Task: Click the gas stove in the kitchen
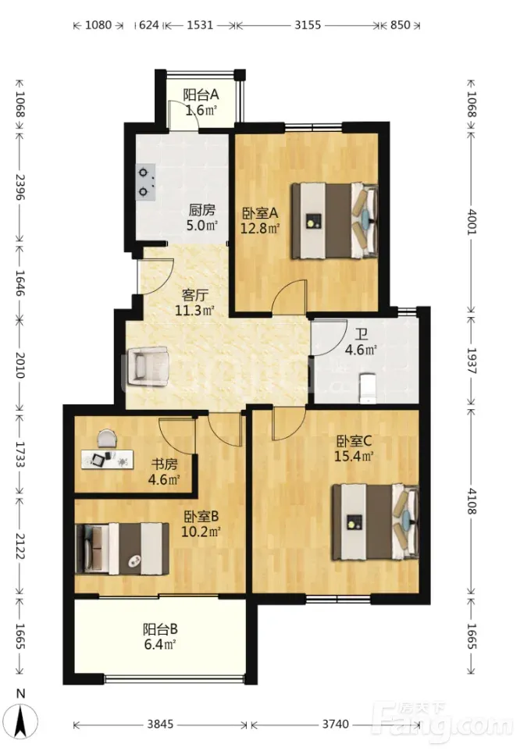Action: (147, 182)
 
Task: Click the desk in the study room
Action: (107, 459)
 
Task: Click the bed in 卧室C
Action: (376, 522)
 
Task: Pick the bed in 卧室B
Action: (122, 548)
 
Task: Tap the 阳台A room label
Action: (201, 94)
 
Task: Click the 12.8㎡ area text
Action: (259, 228)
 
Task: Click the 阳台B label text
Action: (160, 628)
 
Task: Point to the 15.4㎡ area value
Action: (354, 456)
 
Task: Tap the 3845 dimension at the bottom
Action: (160, 724)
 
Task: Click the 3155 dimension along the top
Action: (308, 25)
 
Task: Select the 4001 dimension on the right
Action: (472, 221)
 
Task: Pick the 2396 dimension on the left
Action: (20, 187)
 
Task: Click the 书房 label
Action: (164, 464)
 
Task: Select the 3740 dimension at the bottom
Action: (335, 724)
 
